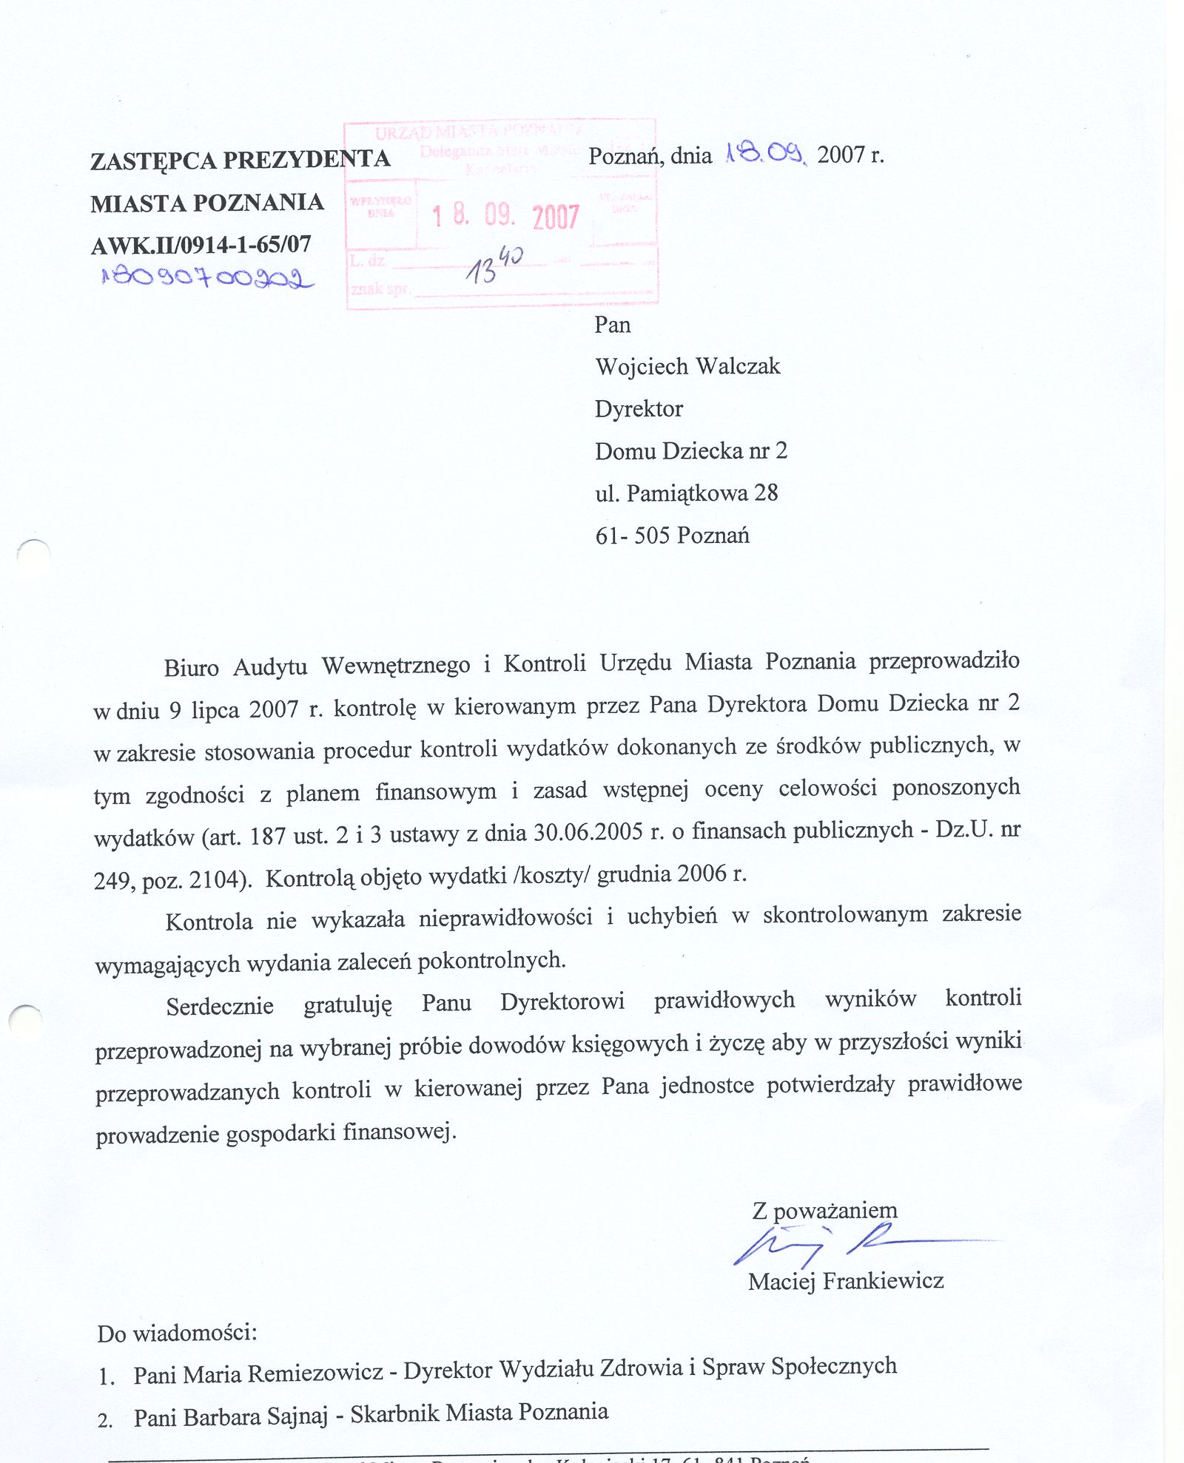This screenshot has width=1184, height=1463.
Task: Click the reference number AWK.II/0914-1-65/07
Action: (x=201, y=245)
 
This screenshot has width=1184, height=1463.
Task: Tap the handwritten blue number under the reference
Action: (x=207, y=278)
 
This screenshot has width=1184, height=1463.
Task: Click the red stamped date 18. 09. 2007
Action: (x=505, y=216)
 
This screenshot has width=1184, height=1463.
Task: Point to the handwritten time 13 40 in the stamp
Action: (x=493, y=265)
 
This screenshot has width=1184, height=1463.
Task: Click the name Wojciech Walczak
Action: (x=687, y=366)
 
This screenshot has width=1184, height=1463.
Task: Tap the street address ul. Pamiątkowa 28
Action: (x=686, y=493)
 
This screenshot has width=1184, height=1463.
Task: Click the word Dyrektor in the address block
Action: (x=639, y=408)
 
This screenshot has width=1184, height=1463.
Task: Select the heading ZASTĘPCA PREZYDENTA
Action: (x=240, y=160)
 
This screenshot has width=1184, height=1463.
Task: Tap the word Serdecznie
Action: (x=220, y=1007)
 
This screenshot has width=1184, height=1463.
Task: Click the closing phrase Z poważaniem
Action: (x=824, y=1211)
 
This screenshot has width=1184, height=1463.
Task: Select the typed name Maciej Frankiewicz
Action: (x=845, y=1281)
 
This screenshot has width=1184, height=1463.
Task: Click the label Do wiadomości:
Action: (x=177, y=1334)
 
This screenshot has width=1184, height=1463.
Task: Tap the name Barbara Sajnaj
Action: (x=255, y=1416)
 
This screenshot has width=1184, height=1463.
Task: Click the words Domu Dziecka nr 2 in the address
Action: (x=690, y=450)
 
